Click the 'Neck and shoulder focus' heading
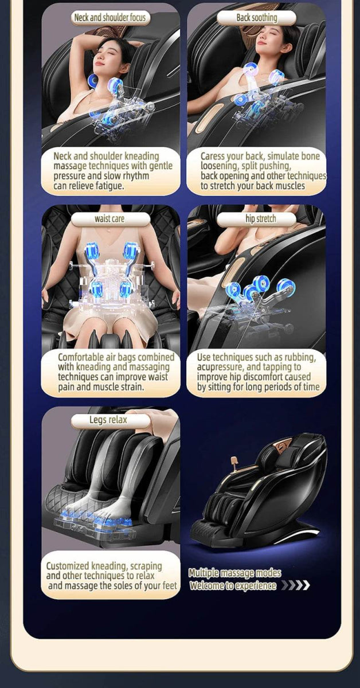(110, 18)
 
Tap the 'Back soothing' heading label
(256, 18)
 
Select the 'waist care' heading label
(109, 219)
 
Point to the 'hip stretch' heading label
(260, 219)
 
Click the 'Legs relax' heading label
(108, 420)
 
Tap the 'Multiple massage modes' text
(234, 573)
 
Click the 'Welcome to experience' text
(233, 585)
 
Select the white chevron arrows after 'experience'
(295, 585)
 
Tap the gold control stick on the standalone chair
(234, 462)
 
